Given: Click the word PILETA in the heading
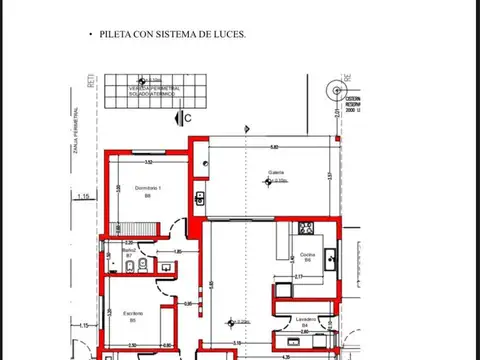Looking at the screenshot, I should [x=117, y=34].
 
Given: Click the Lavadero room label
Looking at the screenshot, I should [x=305, y=319].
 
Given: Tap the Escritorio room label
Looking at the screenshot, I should [x=134, y=314].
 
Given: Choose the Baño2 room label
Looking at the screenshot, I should [x=129, y=250].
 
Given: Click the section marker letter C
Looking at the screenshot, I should [x=187, y=118].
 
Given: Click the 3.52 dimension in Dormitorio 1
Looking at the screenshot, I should [x=148, y=161].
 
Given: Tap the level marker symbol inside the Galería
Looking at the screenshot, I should [x=277, y=182].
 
